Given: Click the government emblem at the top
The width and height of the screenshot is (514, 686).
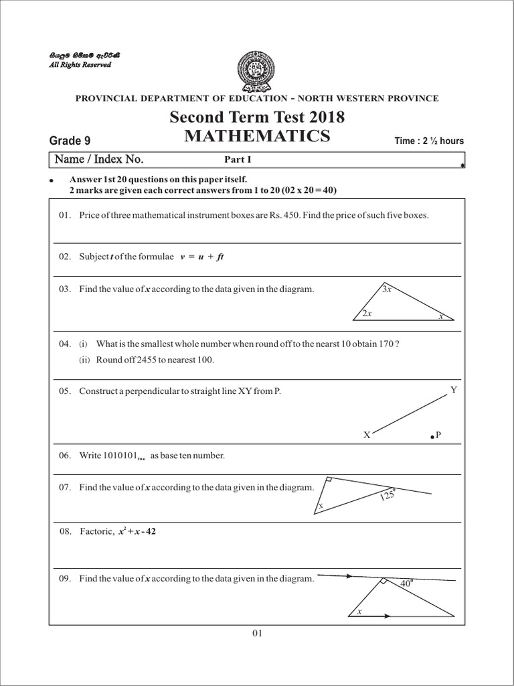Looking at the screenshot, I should click(257, 68).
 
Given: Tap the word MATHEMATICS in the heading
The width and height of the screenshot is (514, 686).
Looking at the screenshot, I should click(257, 137).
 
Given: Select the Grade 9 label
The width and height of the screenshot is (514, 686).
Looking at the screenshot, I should click(70, 141).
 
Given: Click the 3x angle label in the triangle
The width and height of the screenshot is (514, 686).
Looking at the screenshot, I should click(387, 289).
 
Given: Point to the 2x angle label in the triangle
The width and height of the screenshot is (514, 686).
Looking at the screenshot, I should click(366, 314).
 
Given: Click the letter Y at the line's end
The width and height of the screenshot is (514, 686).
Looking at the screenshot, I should click(454, 389).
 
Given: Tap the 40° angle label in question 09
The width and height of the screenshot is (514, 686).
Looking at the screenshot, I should click(406, 584).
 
